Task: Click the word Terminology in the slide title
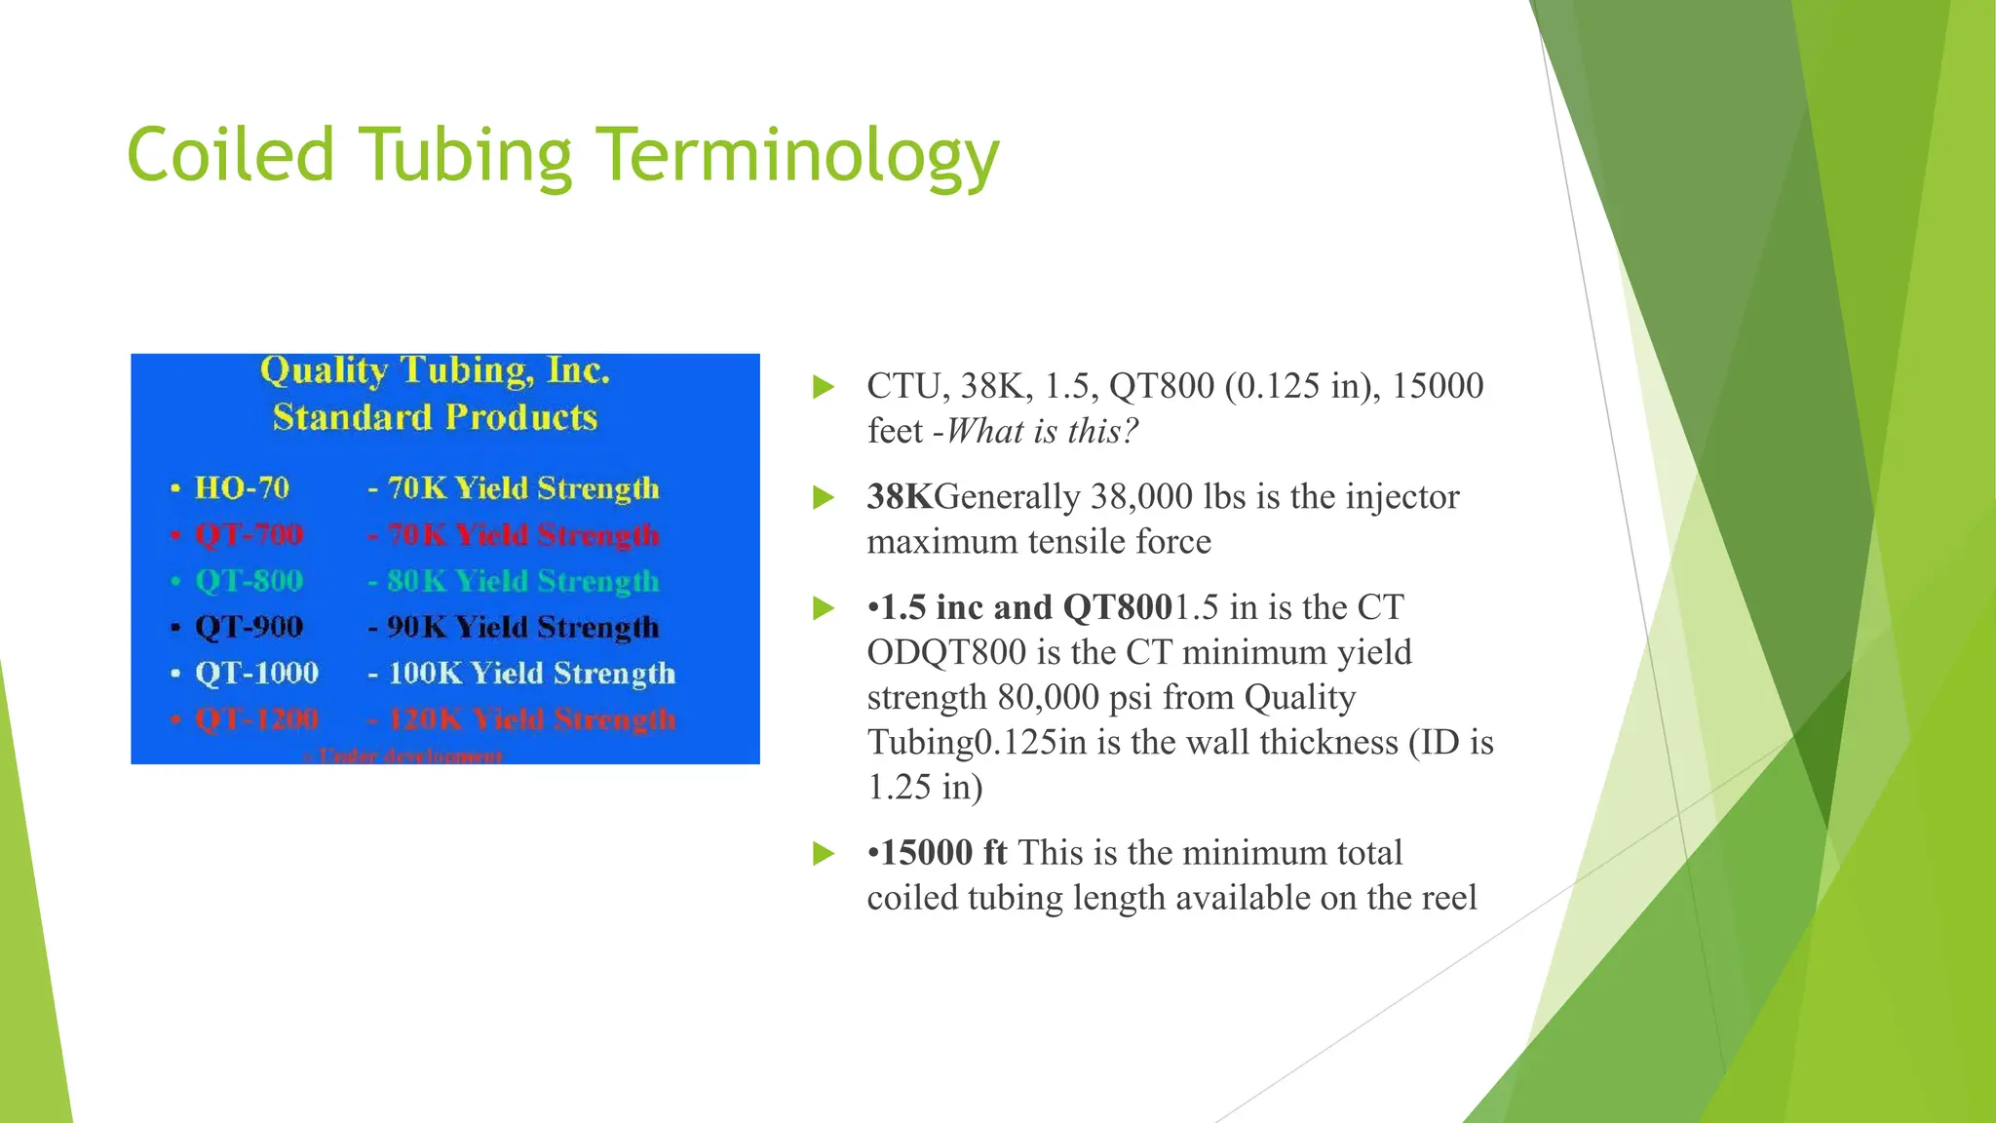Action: pos(797,156)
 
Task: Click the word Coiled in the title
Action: pos(230,156)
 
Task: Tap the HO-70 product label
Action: pos(242,487)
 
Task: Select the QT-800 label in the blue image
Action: pos(249,581)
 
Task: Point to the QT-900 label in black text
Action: pos(249,627)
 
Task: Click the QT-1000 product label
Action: pos(256,673)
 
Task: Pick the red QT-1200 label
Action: pos(256,719)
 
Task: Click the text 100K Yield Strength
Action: pos(531,673)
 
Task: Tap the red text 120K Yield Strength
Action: pos(531,719)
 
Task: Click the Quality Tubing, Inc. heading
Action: pos(435,370)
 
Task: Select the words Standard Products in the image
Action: pos(435,417)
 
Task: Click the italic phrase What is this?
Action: pos(1042,431)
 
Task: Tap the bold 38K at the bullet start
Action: pos(900,497)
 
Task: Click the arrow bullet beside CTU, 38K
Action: pos(824,387)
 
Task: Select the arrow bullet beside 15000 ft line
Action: pos(824,854)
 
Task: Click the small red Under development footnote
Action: pos(404,756)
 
